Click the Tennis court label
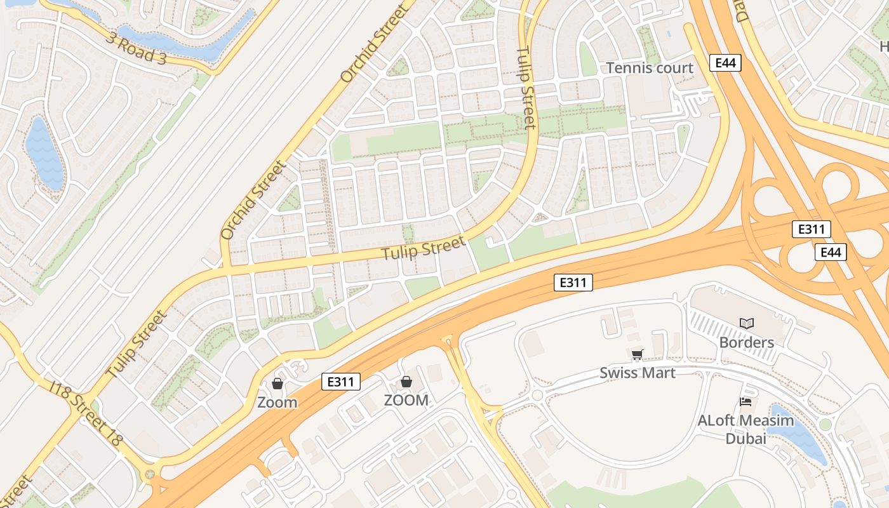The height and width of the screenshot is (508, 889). coord(649,68)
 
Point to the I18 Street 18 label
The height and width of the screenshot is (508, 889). coord(86,413)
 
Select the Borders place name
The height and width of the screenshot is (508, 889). coord(746,343)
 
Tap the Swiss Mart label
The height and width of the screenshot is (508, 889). coord(638,373)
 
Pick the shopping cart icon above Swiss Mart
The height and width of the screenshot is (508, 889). coord(637,355)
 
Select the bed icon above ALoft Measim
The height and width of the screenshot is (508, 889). coord(745,401)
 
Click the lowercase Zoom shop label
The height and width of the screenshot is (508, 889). coord(277,403)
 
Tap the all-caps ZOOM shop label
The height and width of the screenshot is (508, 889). coord(406,401)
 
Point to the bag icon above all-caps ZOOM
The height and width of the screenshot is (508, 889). coord(406,382)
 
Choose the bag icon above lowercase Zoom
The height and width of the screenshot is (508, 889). coord(277,384)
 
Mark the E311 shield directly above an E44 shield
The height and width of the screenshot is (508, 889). coord(811,229)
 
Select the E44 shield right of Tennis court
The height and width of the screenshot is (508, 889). coord(725,63)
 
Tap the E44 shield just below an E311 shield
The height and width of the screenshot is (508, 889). coord(831,252)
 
